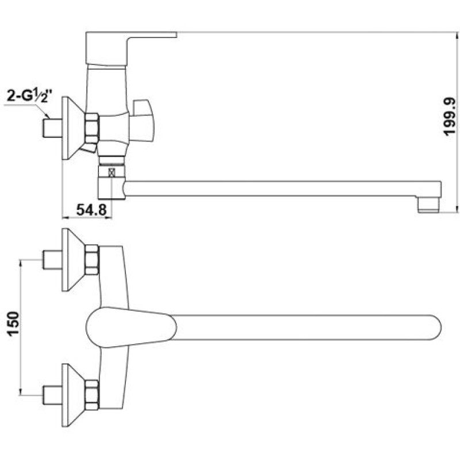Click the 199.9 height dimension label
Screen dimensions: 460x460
pos(449,117)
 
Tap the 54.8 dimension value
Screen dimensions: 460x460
pos(91,209)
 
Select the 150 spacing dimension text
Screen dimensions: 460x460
pos(13,324)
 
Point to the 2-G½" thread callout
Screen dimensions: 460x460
pos(26,96)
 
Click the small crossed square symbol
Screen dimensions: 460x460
pos(112,172)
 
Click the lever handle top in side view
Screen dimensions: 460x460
pos(131,48)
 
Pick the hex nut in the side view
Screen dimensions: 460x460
pos(92,128)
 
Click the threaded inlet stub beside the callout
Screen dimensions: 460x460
pos(52,128)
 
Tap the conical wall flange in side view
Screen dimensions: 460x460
pos(73,128)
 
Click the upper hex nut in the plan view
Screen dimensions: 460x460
pos(92,260)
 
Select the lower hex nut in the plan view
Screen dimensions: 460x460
pos(92,395)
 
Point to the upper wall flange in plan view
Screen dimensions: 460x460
pos(73,260)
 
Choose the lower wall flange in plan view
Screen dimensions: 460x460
pos(73,395)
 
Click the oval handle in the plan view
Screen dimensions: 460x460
pos(131,327)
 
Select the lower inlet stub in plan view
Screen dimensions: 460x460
pos(52,395)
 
